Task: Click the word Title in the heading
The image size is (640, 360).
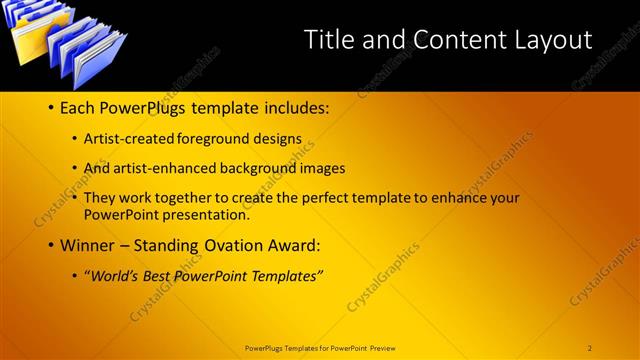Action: click(x=329, y=40)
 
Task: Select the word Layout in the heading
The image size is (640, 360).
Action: click(x=552, y=40)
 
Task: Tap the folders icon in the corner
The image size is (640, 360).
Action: click(x=67, y=44)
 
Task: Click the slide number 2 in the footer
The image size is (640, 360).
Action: click(x=589, y=348)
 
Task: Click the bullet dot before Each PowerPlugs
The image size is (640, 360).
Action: click(x=50, y=107)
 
